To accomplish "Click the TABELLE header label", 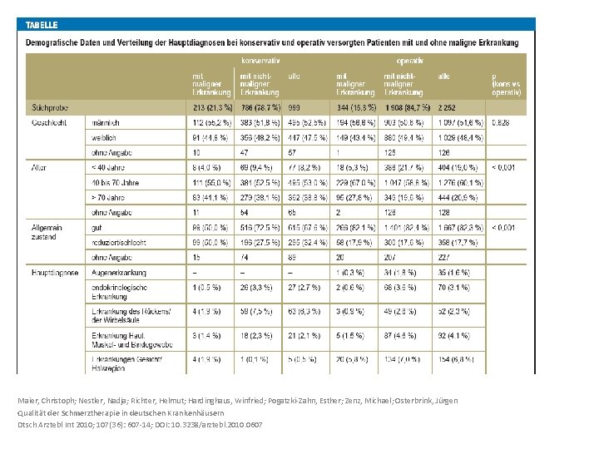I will coord(42,25).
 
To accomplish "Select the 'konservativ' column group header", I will coord(260,61).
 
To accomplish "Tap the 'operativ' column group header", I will coord(410,61).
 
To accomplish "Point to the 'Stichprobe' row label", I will coord(51,107).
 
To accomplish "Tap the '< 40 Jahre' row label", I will coord(111,167).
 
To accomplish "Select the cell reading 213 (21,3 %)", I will coord(213,107).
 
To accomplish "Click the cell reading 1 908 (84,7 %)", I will coord(407,107).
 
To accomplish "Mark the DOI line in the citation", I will coord(140,424).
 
